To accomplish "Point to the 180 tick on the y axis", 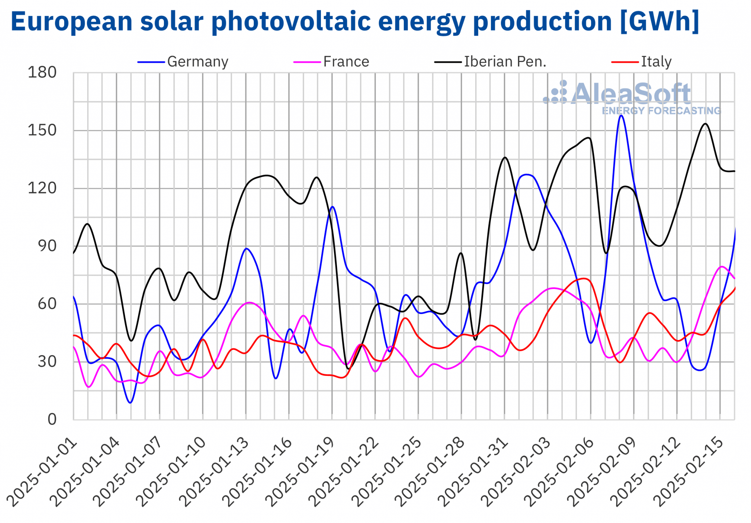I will [42, 73].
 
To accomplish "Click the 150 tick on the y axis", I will [42, 131].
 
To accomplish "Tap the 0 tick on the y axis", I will [52, 420].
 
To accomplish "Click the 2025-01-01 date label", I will [42, 473].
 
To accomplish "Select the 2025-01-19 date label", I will [301, 473].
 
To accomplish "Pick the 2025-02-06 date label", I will [559, 473].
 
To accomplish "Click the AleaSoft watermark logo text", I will [631, 94].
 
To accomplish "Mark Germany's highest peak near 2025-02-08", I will [621, 116].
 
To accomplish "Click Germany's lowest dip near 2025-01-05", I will [130, 403].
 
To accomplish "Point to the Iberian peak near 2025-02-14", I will [706, 124].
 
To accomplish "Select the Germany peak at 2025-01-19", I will [333, 207].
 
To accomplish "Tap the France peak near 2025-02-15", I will [722, 267].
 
